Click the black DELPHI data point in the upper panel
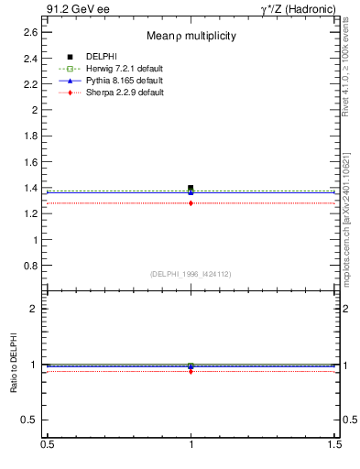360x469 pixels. coord(191,188)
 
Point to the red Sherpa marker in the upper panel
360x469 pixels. coord(191,203)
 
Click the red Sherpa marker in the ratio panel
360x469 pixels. coord(191,371)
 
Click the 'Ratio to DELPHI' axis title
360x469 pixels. coord(13,366)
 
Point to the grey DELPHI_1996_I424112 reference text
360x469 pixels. coord(191,274)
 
